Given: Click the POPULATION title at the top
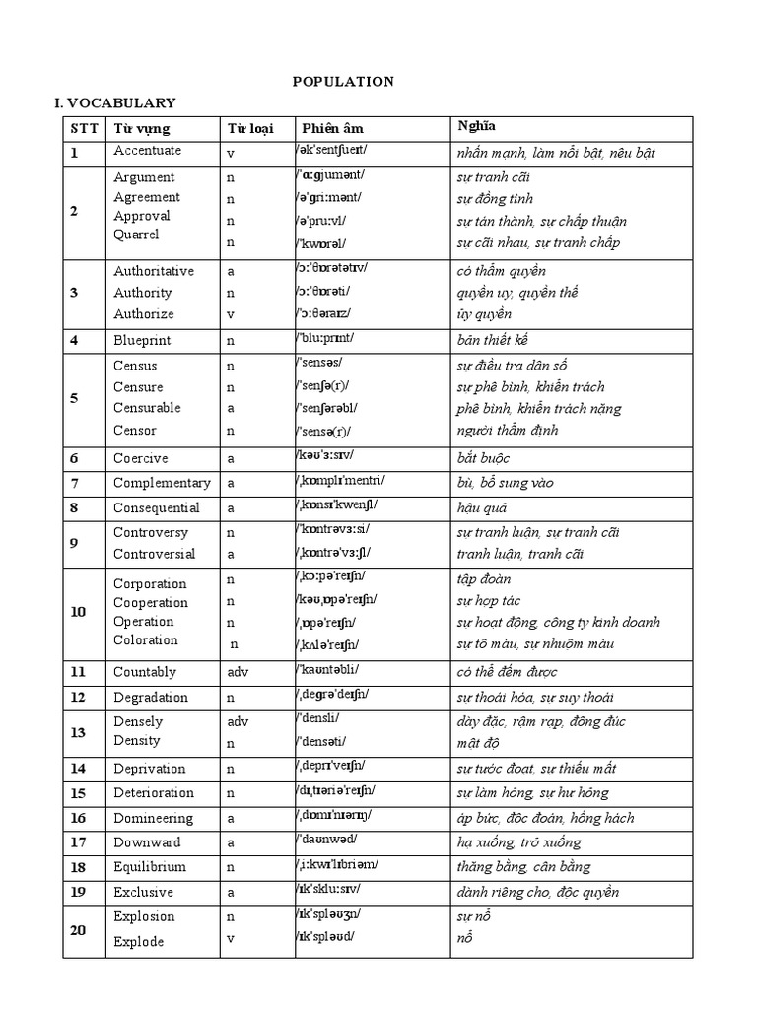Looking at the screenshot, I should coord(343,81).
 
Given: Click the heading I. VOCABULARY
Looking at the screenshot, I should coord(114,102).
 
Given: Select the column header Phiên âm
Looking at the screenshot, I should coord(332,129).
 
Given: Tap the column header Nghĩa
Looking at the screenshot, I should coord(477,126).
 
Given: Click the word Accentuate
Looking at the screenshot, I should coord(148,151).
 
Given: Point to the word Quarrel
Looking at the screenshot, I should coord(136,235).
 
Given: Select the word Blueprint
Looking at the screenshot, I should coord(142,340).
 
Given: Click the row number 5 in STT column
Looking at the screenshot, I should coord(75,398).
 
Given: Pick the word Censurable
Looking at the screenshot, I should coord(148,408).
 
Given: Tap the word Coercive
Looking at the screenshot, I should coord(141,458).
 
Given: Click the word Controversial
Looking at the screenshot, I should coord(155,554).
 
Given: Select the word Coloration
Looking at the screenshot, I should coord(146,640).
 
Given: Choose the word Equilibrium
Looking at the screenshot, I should coord(151,867).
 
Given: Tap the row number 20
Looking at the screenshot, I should coord(78,928).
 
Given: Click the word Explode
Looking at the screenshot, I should coord(139,942).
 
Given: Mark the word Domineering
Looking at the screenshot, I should coord(154,818).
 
